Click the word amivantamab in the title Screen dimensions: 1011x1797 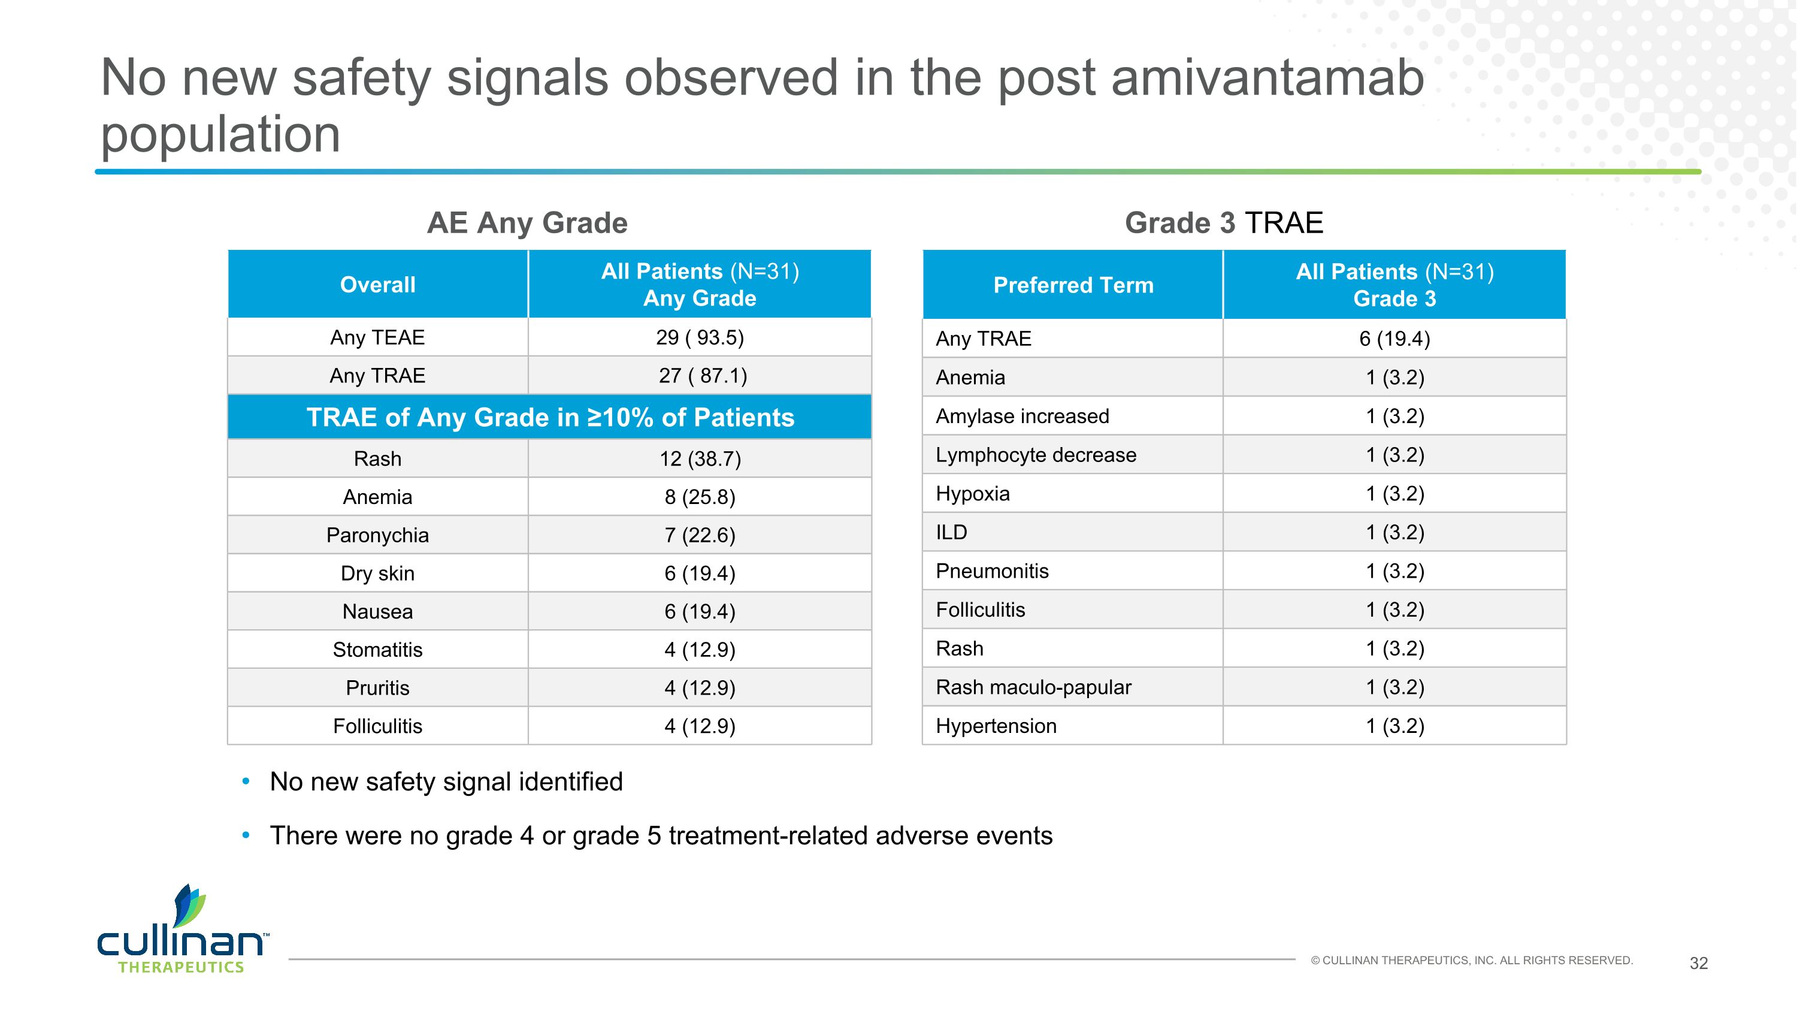tap(1267, 78)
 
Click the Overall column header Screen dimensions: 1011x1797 tap(377, 285)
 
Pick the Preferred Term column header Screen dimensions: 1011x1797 tap(1073, 285)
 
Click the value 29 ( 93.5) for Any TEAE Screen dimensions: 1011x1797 tap(700, 337)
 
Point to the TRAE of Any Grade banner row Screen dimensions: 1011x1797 tap(550, 417)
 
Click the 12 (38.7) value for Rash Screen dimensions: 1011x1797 tap(700, 459)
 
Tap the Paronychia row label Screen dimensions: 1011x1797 tap(377, 535)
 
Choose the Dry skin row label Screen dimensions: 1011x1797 tap(377, 574)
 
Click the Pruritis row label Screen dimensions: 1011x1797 tap(377, 688)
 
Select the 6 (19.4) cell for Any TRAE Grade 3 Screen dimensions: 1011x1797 tap(1394, 339)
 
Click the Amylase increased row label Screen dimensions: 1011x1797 tap(1022, 417)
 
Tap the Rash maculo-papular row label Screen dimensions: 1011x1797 tap(1033, 687)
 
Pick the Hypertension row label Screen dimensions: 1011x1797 tap(996, 726)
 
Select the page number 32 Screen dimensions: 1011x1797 tap(1698, 964)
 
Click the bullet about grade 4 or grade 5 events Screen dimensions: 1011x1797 tap(661, 836)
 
